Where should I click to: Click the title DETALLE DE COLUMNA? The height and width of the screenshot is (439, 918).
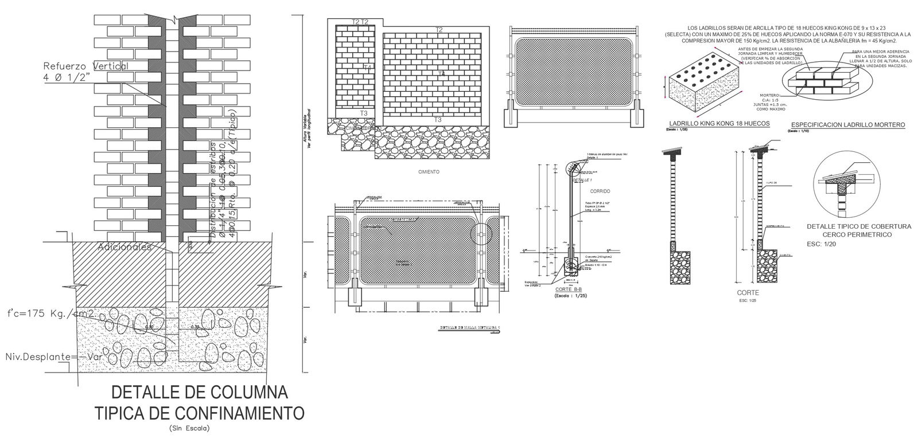point(200,393)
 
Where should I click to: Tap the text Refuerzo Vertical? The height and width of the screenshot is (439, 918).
point(85,66)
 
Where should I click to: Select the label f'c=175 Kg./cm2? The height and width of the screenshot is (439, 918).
point(51,313)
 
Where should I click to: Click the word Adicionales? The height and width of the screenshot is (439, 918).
point(124,247)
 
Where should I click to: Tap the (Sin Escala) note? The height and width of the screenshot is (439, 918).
point(189,428)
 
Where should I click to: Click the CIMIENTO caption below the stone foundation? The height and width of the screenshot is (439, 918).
point(429,171)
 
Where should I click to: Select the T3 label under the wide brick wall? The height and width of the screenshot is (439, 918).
point(437,120)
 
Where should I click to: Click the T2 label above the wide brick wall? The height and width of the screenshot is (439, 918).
point(439,29)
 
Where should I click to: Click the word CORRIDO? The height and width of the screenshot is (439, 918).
point(600,190)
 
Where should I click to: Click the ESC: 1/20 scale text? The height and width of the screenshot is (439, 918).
point(822,244)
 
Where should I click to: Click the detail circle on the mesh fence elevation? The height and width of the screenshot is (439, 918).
point(481,235)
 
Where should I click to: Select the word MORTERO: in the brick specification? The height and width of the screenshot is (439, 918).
point(769,95)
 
